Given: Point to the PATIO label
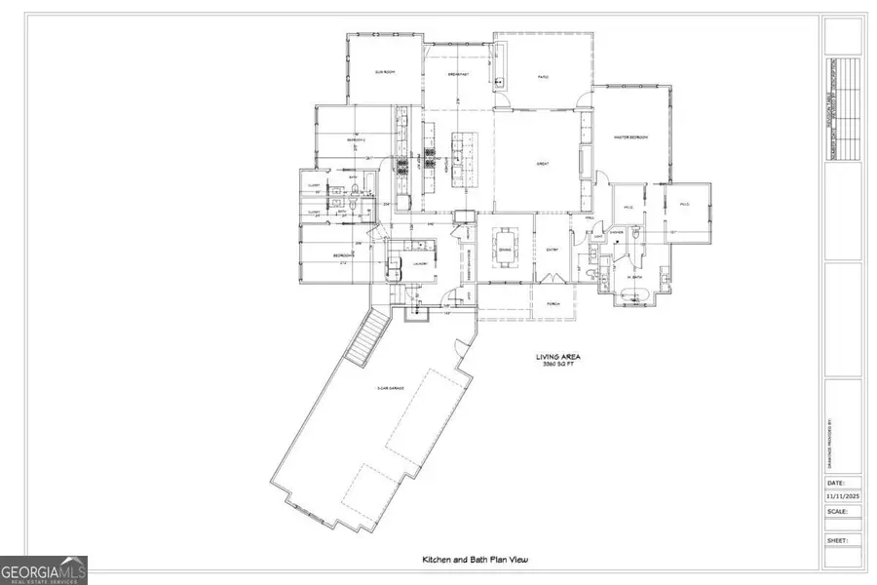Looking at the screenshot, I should [x=545, y=74].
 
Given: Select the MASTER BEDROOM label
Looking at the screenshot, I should [x=630, y=137].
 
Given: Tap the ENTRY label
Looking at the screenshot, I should [x=551, y=250].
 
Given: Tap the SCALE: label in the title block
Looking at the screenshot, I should [x=836, y=511].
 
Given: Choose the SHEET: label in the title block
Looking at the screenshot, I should [x=836, y=539].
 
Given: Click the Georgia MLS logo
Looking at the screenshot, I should [x=44, y=568].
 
